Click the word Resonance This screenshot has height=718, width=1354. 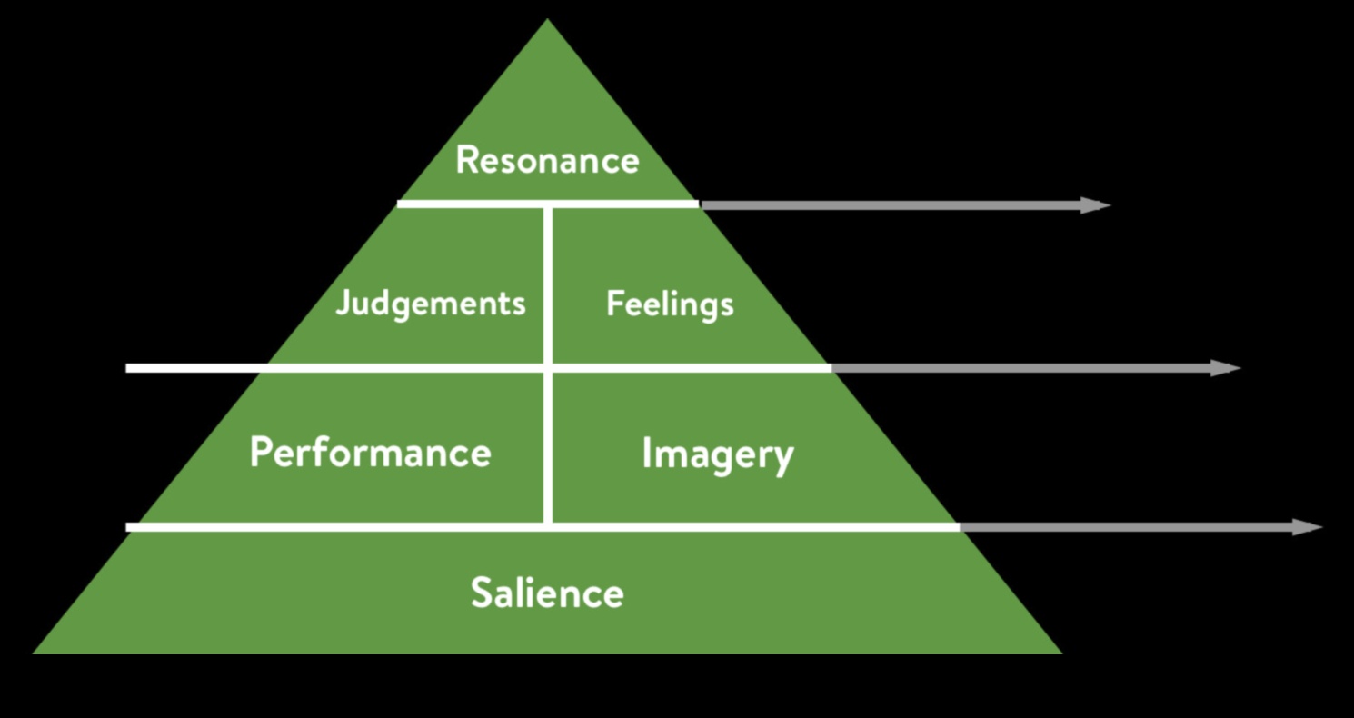click(x=547, y=160)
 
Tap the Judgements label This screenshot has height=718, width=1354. click(x=431, y=304)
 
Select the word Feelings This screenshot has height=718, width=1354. click(x=670, y=304)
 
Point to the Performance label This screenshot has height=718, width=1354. click(x=370, y=453)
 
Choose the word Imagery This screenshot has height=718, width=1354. click(x=717, y=454)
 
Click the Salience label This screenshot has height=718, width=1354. click(x=547, y=593)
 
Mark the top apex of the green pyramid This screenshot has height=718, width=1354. click(x=547, y=21)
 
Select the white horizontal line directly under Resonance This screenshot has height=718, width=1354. click(x=547, y=204)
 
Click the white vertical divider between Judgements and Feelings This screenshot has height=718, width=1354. click(x=548, y=286)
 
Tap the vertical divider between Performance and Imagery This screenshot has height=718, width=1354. click(x=548, y=447)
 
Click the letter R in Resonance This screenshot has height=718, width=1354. click(x=467, y=160)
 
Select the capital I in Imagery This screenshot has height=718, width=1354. click(x=646, y=453)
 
